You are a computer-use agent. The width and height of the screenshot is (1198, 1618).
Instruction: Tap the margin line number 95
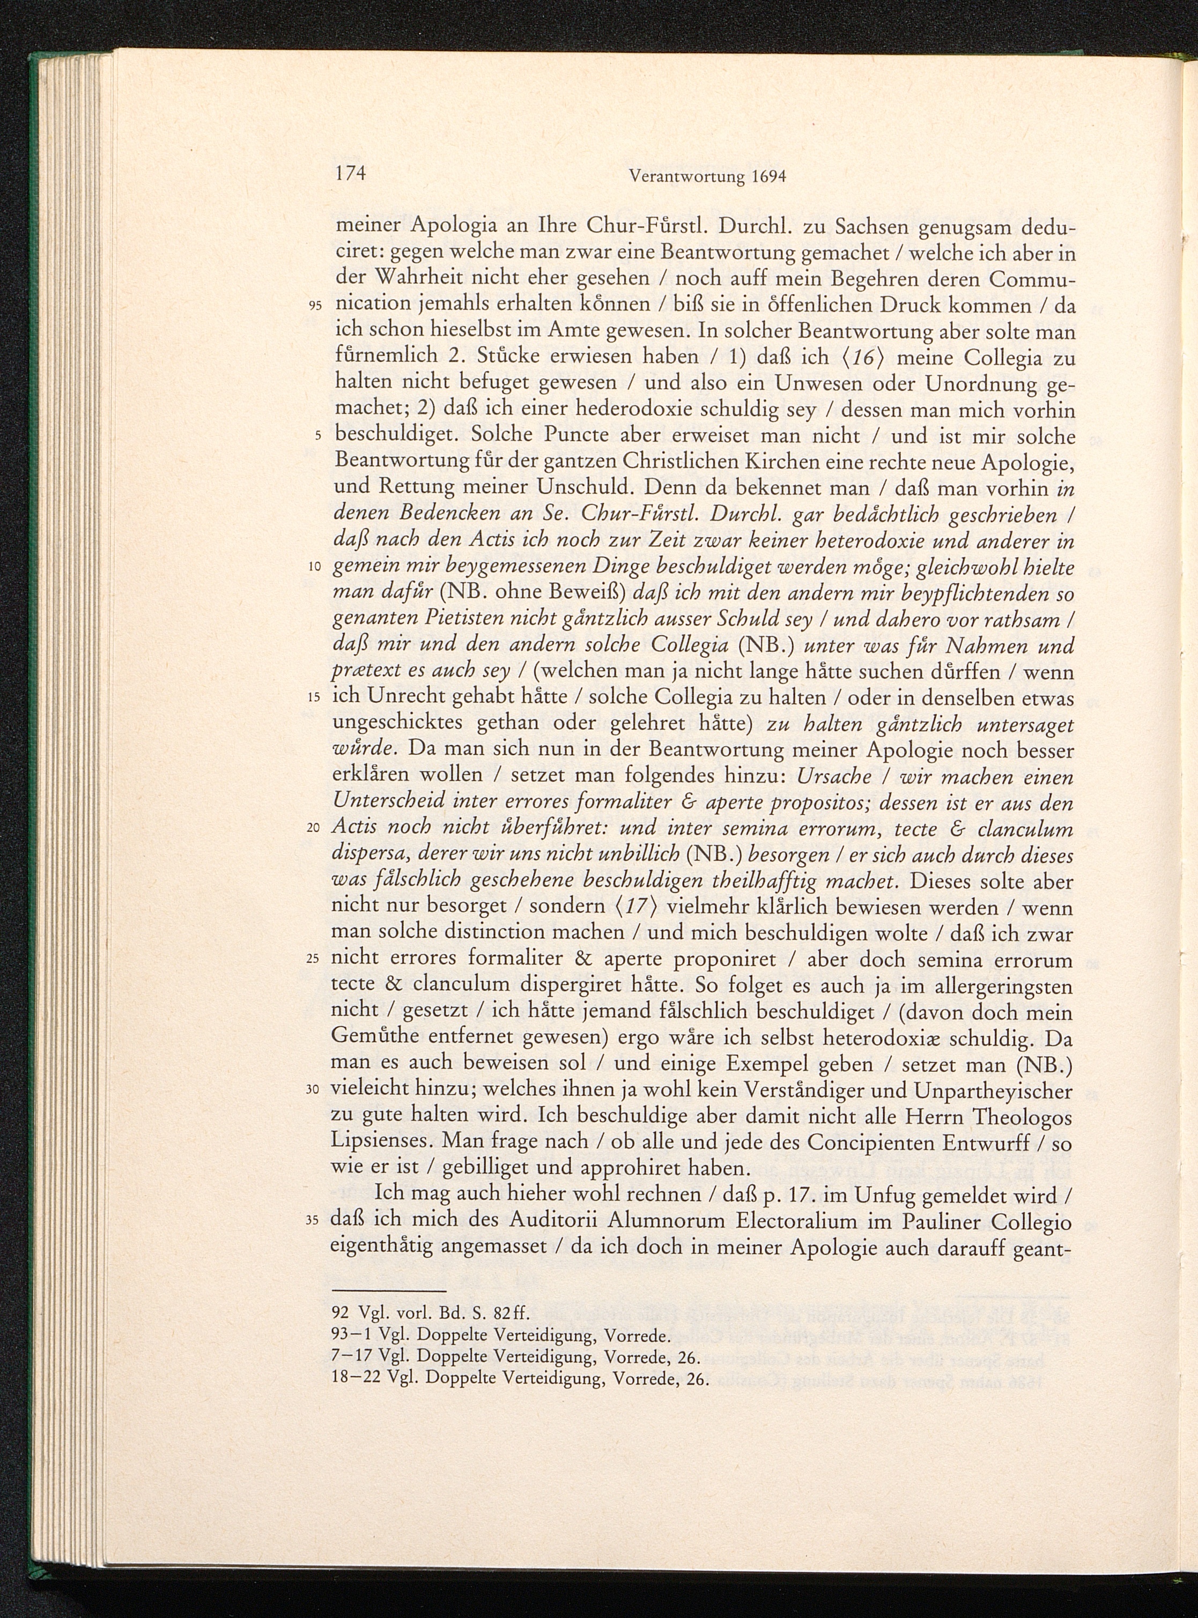click(x=314, y=306)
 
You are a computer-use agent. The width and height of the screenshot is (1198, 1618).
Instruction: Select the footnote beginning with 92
click(x=430, y=1313)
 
